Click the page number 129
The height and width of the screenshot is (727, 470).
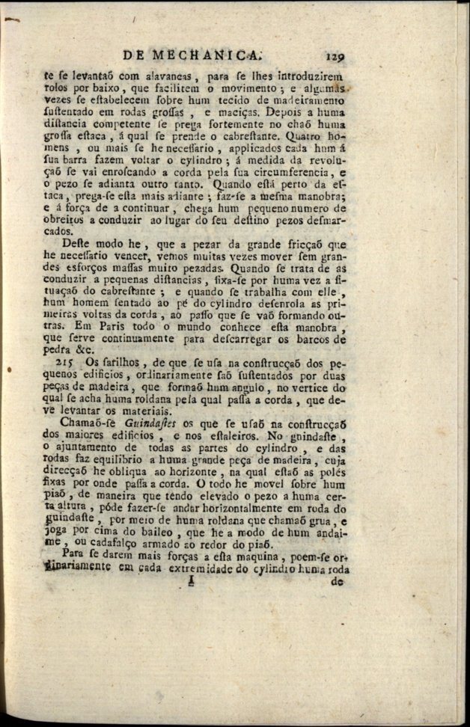[339, 55]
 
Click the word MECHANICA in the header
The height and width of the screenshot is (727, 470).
[207, 54]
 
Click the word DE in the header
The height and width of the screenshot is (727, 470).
[134, 54]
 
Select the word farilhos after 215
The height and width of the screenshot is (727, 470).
[119, 363]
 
